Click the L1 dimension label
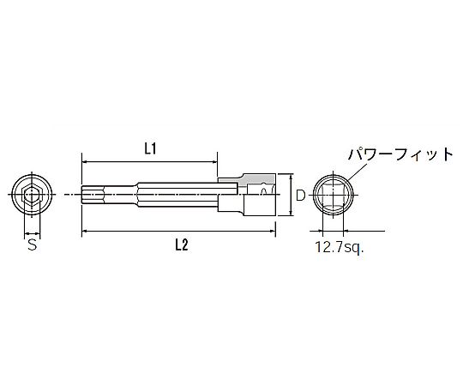coord(150,149)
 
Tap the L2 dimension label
coord(182,245)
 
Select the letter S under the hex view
coord(33,244)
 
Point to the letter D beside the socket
coord(300,196)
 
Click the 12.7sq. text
coord(340,248)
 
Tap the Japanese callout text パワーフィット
coord(400,154)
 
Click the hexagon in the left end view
coord(33,195)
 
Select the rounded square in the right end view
coord(334,196)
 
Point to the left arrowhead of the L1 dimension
coord(84,162)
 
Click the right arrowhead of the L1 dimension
coord(214,162)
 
